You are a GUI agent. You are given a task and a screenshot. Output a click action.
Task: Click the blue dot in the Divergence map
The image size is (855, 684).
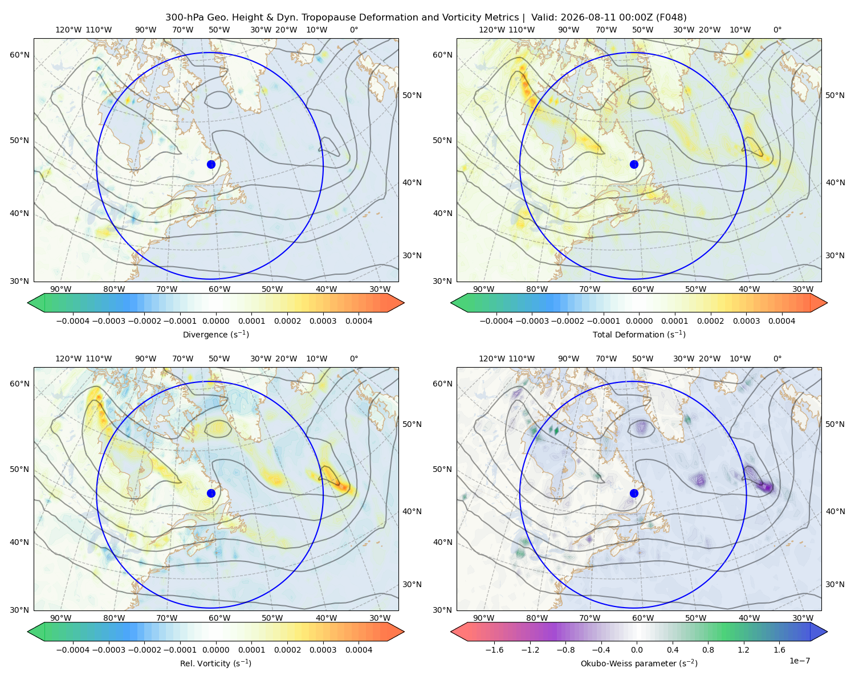pyautogui.click(x=211, y=165)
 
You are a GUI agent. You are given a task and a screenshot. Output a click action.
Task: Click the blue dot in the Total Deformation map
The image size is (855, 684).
pyautogui.click(x=634, y=165)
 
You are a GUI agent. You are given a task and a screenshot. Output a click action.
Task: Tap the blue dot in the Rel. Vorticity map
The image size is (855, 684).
pyautogui.click(x=211, y=493)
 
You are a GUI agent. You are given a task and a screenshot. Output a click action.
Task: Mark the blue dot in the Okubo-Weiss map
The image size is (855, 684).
pyautogui.click(x=634, y=493)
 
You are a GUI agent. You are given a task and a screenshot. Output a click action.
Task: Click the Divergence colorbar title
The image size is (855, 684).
pyautogui.click(x=215, y=335)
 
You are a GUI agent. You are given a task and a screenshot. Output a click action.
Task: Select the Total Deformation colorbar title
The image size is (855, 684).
pyautogui.click(x=639, y=335)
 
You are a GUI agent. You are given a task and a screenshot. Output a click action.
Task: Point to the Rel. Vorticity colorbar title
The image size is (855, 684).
pyautogui.click(x=215, y=663)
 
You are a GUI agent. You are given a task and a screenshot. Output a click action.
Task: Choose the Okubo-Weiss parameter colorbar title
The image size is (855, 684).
pyautogui.click(x=639, y=663)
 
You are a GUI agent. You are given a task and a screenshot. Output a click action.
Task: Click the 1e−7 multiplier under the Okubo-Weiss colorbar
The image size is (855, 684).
pyautogui.click(x=799, y=661)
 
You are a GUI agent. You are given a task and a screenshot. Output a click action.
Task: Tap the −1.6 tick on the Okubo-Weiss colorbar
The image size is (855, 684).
pyautogui.click(x=494, y=650)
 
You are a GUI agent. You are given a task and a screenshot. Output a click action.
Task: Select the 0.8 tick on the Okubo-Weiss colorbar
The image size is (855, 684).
pyautogui.click(x=708, y=650)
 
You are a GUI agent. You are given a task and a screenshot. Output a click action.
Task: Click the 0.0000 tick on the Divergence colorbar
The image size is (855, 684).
pyautogui.click(x=215, y=321)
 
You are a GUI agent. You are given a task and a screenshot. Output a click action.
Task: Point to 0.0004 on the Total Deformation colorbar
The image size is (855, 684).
pyautogui.click(x=781, y=321)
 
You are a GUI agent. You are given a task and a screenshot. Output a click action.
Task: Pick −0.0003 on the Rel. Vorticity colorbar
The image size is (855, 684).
pyautogui.click(x=108, y=650)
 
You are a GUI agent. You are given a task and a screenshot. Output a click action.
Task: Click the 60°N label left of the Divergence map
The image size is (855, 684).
pyautogui.click(x=19, y=55)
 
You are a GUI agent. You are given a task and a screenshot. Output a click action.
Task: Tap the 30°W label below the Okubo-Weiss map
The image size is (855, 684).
pyautogui.click(x=803, y=618)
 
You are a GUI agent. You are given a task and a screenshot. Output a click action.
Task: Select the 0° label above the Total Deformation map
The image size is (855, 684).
pyautogui.click(x=777, y=30)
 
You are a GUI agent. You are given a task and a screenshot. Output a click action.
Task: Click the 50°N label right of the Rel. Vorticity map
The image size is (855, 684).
pyautogui.click(x=412, y=424)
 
